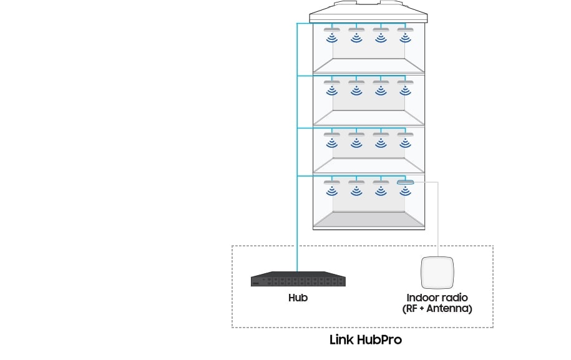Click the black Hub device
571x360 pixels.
click(298, 279)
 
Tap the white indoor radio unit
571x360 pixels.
click(437, 273)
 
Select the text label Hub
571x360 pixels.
click(298, 298)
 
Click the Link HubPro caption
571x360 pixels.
click(366, 339)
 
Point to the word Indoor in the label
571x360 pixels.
click(422, 298)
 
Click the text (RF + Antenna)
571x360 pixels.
click(437, 309)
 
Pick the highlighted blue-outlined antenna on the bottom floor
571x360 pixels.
click(405, 182)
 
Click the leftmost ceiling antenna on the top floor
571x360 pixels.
click(332, 30)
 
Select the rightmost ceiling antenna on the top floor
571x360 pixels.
click(405, 30)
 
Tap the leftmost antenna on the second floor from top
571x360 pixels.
click(332, 82)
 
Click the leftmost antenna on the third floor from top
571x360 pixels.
click(332, 134)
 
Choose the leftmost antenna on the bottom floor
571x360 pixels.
click(332, 182)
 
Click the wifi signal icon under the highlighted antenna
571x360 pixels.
click(405, 191)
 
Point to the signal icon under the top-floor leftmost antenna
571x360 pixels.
click(332, 38)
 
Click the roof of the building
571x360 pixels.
click(368, 12)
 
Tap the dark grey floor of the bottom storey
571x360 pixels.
click(369, 219)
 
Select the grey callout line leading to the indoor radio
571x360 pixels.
click(437, 218)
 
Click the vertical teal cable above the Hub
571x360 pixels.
click(297, 147)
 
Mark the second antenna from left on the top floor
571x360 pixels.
click(356, 30)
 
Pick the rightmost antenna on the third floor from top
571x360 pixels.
click(405, 134)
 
